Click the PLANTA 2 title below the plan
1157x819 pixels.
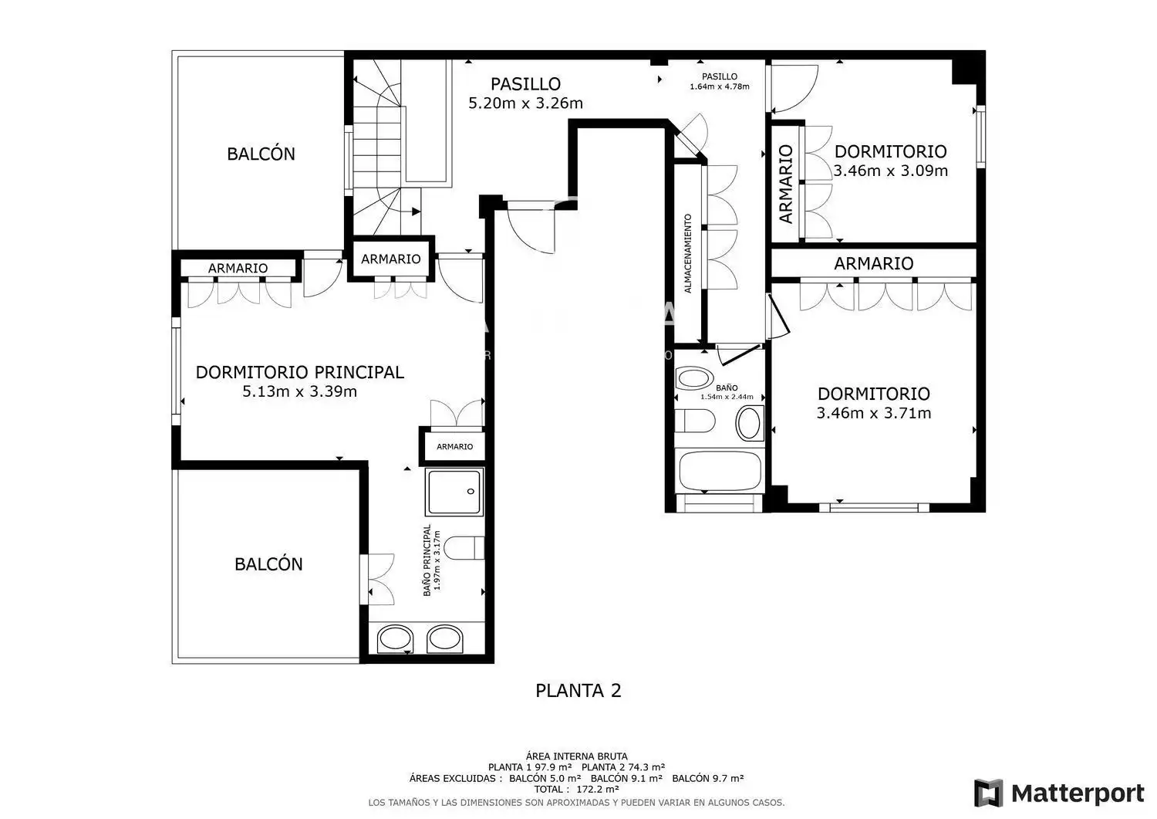[x=578, y=691]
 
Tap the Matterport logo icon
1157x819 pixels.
[x=988, y=793]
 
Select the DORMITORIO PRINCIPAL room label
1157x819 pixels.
[x=299, y=372]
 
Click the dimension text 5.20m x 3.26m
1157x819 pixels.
[x=525, y=103]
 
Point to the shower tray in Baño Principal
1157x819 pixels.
[x=454, y=492]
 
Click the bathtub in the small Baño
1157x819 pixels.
[x=720, y=471]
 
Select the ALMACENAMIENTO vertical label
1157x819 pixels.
[x=687, y=253]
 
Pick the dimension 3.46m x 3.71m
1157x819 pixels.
[x=874, y=413]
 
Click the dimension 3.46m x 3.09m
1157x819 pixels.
[x=890, y=171]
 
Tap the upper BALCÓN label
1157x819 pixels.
[x=261, y=154]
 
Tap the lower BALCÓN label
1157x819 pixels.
[x=268, y=564]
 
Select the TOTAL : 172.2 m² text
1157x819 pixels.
[x=576, y=790]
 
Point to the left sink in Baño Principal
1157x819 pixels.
[x=395, y=639]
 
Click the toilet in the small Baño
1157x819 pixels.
[x=695, y=421]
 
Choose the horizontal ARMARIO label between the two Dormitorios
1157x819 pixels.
[x=873, y=263]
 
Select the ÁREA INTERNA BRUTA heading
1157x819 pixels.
[x=576, y=756]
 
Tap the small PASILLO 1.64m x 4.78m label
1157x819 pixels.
[x=720, y=82]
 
